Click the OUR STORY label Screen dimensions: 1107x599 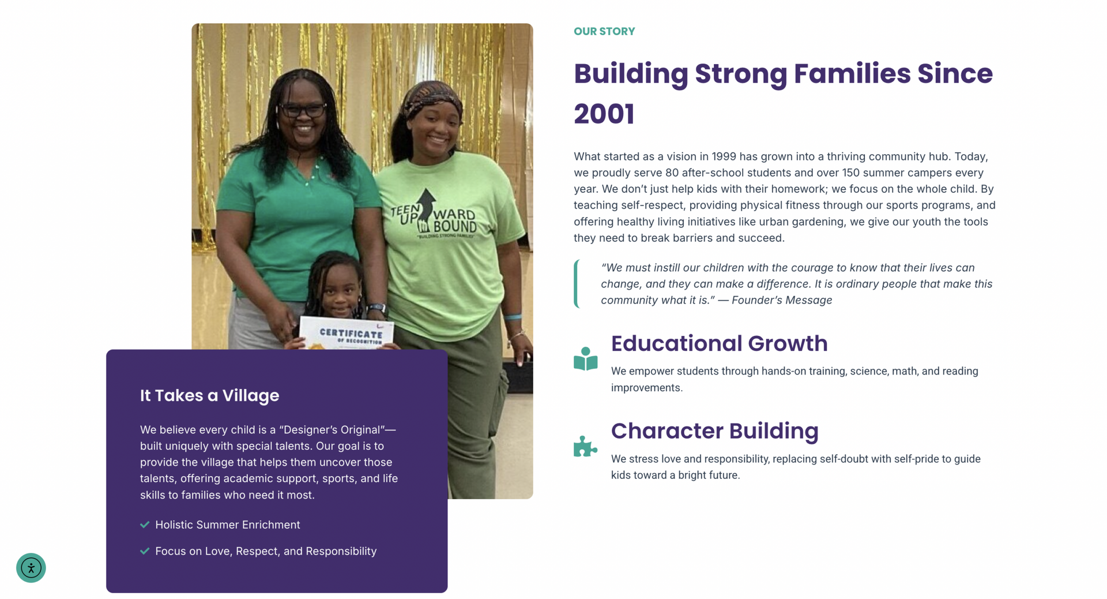click(x=604, y=32)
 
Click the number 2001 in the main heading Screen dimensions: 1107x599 click(x=604, y=114)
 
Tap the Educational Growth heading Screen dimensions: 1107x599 click(x=719, y=343)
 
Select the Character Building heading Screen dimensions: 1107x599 click(x=714, y=431)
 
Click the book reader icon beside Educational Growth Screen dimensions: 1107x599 click(x=585, y=358)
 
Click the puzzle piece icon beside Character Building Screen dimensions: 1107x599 click(x=585, y=446)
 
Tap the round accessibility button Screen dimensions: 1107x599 click(x=31, y=568)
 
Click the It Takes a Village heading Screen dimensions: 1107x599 click(x=209, y=395)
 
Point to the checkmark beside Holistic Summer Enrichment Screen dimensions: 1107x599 click(x=145, y=525)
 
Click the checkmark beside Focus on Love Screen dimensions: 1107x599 click(x=145, y=551)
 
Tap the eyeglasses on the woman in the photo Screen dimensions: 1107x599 click(x=303, y=109)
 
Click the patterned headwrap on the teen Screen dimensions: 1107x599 click(x=432, y=96)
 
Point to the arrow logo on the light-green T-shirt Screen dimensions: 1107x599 click(x=427, y=208)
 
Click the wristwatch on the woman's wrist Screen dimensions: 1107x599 click(x=376, y=308)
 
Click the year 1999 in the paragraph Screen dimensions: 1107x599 click(x=724, y=156)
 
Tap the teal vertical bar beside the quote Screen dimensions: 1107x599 click(x=576, y=284)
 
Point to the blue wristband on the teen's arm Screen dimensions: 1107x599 click(x=513, y=317)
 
